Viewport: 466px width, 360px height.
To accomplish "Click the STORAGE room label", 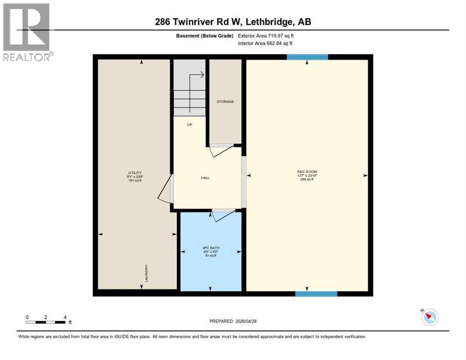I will pyautogui.click(x=225, y=102).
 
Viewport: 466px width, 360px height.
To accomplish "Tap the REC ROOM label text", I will pyautogui.click(x=307, y=172).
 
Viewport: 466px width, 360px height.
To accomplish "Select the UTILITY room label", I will pyautogui.click(x=135, y=173).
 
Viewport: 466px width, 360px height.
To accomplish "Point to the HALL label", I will pyautogui.click(x=205, y=178).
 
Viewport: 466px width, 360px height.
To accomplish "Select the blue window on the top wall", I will pyautogui.click(x=307, y=57).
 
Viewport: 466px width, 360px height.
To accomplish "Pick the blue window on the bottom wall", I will pyautogui.click(x=316, y=294).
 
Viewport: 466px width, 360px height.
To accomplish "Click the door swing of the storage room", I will pyautogui.click(x=221, y=150).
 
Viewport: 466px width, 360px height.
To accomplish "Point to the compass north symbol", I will pyautogui.click(x=429, y=317).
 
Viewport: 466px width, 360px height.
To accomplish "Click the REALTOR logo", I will pyautogui.click(x=27, y=32).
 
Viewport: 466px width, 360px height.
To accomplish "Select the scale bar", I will pyautogui.click(x=46, y=322).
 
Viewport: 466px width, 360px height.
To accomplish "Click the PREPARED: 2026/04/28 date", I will pyautogui.click(x=233, y=321).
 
